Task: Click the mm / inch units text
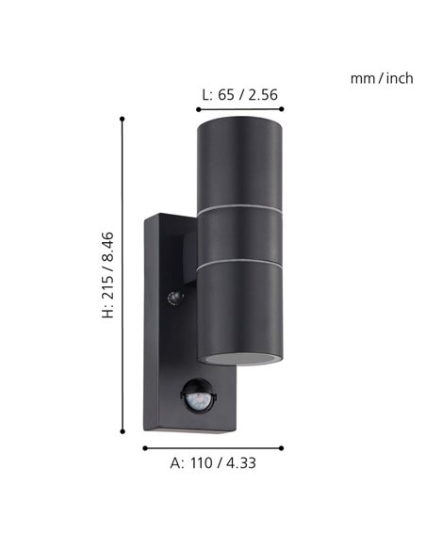(x=382, y=78)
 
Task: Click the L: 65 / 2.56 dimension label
(x=240, y=94)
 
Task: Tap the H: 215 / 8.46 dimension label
(x=108, y=274)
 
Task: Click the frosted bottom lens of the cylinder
(x=240, y=358)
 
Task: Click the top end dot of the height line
(x=123, y=118)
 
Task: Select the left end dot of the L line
(x=198, y=107)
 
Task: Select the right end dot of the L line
(x=282, y=107)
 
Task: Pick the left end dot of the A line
(x=144, y=447)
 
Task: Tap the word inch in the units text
(x=398, y=78)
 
